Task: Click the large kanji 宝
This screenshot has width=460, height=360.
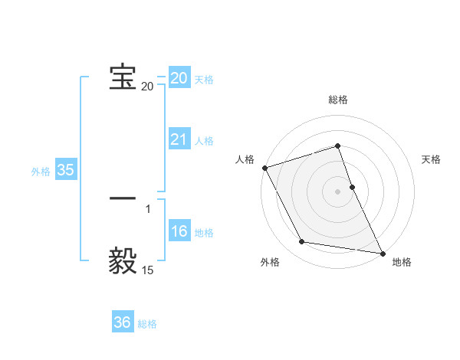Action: point(123,77)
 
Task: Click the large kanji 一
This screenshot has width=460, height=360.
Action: point(123,198)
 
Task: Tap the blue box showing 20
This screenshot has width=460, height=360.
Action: point(179,78)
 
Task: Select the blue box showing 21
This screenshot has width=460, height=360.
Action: point(179,139)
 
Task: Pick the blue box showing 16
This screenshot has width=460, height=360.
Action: point(179,231)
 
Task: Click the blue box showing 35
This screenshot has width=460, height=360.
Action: point(66,171)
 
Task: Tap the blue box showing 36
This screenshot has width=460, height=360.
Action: point(123,322)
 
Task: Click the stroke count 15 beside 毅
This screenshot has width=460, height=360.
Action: point(147,270)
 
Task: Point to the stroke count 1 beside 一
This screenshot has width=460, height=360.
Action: point(148,209)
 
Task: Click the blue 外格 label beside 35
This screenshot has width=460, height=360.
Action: point(41,172)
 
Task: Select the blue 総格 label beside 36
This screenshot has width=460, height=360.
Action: point(147,324)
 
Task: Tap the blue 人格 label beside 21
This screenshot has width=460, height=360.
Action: point(204,141)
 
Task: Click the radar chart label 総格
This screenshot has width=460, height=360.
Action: point(338,100)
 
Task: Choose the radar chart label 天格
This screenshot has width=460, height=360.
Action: point(432,159)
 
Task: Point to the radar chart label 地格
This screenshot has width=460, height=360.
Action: point(402,263)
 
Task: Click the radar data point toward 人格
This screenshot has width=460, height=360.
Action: point(264,168)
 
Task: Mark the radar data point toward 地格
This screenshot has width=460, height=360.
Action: point(382,253)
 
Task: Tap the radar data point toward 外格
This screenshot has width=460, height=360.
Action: point(302,242)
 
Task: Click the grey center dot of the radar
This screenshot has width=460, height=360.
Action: point(338,191)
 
